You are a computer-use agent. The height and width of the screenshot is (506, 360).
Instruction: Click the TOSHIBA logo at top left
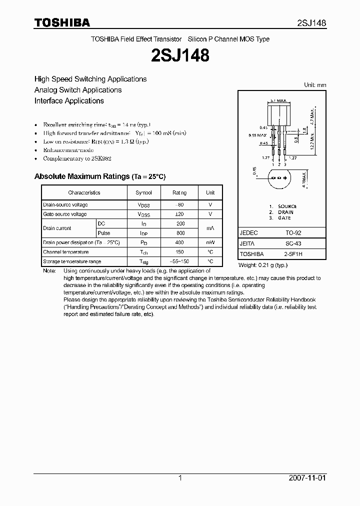(62, 22)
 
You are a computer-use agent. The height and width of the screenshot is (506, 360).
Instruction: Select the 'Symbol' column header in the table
(144, 192)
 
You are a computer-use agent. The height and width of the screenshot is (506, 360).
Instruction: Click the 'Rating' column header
(180, 192)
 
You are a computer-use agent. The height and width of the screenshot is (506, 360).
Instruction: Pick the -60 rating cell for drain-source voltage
(180, 204)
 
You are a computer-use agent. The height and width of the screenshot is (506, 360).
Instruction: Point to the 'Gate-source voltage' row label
(65, 214)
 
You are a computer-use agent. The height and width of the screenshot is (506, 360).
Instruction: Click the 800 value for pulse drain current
(180, 233)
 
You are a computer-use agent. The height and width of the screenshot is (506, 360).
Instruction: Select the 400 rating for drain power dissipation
(180, 242)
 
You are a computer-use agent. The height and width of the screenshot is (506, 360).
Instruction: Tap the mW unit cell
(210, 242)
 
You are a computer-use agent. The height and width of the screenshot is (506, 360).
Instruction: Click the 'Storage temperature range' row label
(72, 261)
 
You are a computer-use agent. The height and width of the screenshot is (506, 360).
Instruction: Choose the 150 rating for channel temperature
(180, 252)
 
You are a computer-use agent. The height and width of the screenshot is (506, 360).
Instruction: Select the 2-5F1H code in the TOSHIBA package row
(294, 254)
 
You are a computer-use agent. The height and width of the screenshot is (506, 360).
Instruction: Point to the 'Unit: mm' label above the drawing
(315, 85)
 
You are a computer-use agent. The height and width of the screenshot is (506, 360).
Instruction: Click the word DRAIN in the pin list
(285, 212)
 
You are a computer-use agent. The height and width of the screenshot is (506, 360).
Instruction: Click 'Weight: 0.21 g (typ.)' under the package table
(263, 265)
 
